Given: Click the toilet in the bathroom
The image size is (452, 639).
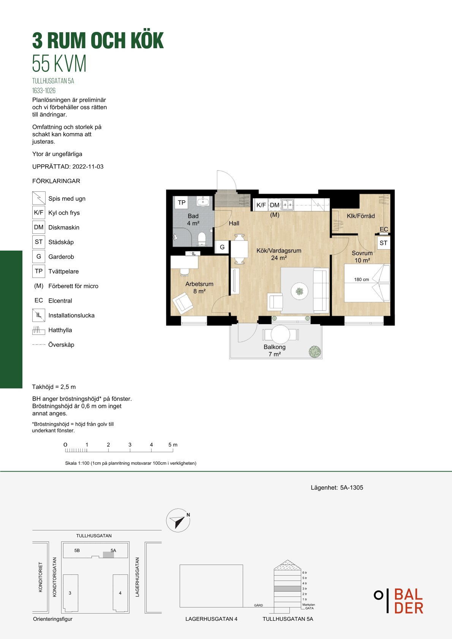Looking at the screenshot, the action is [202, 239].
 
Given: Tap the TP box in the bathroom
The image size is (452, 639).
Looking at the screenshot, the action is [182, 202].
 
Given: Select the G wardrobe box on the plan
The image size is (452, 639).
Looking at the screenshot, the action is [222, 247].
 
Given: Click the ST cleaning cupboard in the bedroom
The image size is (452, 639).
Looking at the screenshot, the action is [383, 243].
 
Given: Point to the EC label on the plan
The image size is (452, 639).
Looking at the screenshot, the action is [384, 229].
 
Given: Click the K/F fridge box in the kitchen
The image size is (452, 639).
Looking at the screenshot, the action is [261, 205].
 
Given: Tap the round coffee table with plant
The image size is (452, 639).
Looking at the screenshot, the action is [299, 291].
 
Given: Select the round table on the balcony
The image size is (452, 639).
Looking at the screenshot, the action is [280, 334].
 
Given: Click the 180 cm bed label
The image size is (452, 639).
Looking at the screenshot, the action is [362, 279].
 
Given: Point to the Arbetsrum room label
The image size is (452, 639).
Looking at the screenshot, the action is [199, 284].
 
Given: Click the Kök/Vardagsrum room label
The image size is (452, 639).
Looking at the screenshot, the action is [279, 251].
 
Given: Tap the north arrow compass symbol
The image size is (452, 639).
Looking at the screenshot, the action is [178, 520].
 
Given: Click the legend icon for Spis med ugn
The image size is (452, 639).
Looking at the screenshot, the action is [39, 198].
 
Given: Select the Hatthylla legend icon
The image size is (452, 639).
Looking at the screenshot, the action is [39, 330].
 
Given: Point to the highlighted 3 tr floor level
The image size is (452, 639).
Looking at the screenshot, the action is [288, 589].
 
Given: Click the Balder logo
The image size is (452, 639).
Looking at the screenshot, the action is [399, 601].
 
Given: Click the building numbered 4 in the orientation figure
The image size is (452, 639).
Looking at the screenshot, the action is [120, 593].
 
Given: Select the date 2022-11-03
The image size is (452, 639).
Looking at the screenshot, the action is [88, 167].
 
